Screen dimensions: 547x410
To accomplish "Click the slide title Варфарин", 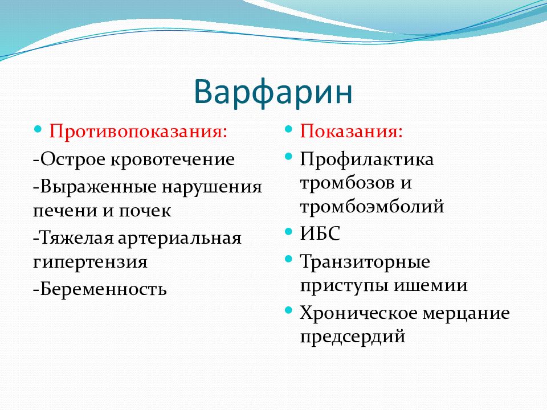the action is point(273,92).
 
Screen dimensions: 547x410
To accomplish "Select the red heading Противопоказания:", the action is point(138,132).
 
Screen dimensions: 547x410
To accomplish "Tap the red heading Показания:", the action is point(352,132).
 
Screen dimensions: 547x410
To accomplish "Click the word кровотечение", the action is point(173,159).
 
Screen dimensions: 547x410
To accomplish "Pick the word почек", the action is point(145,211).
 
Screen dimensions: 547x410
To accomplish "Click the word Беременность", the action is point(104,289).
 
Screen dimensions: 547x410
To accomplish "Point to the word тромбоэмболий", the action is point(372,206).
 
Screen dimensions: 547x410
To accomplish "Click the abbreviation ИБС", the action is point(320,233).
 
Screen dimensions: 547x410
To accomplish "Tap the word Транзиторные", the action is point(365,262).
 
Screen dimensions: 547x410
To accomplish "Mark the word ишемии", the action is point(431,285).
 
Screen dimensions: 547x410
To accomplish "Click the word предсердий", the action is point(353,337).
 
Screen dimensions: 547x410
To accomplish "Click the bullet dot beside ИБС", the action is point(288,231).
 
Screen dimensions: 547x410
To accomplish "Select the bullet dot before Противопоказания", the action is point(38,129).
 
